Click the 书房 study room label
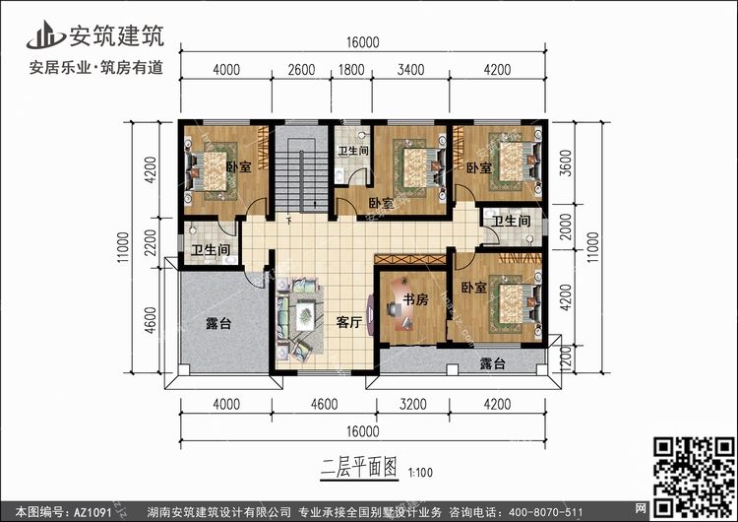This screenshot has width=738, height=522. click(415, 299)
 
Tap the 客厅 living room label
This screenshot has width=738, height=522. click(348, 322)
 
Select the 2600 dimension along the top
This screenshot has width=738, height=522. click(301, 70)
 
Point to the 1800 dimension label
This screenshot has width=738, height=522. click(351, 70)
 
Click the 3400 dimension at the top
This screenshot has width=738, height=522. click(411, 70)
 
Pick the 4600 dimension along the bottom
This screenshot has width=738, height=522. click(325, 404)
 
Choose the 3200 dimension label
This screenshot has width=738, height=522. click(412, 404)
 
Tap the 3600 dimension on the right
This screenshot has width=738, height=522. click(565, 163)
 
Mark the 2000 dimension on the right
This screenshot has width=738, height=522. click(565, 227)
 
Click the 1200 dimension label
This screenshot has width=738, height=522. click(566, 359)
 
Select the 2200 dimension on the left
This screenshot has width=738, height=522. click(151, 242)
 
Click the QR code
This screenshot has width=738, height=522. click(694, 477)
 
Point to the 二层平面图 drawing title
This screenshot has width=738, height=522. click(359, 468)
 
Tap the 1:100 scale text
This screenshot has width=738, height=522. click(420, 472)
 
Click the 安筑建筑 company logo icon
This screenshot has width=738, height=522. click(45, 34)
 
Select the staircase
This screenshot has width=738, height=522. click(301, 175)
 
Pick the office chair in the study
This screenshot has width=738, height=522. click(393, 309)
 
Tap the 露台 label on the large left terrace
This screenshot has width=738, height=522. click(218, 324)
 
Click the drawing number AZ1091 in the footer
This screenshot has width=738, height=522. click(92, 512)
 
